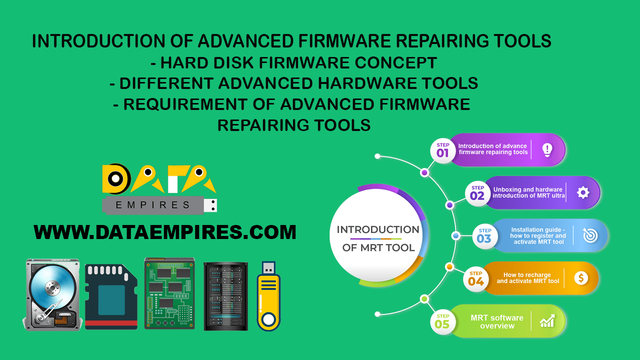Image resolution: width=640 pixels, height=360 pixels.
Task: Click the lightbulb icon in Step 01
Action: point(547,149)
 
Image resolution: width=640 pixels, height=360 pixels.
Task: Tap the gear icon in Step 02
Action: point(582,192)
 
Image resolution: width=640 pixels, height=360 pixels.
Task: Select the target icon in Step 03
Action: point(590,235)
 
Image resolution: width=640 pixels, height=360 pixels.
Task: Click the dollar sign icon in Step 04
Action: point(581,278)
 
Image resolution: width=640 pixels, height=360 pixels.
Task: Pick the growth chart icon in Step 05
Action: point(547,321)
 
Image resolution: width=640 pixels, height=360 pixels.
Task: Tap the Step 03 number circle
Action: point(484,236)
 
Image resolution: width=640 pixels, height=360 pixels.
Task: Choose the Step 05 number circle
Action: point(442,322)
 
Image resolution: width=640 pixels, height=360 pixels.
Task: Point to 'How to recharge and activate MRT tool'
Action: point(527,278)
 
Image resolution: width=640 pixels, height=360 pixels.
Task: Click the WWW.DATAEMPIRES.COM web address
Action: point(165,232)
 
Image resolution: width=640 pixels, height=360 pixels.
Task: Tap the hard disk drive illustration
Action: point(51,294)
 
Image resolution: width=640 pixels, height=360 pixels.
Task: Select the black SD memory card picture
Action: point(111,297)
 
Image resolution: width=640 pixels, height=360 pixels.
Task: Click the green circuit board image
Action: point(169,293)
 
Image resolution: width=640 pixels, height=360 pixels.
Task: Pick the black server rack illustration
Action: point(225,296)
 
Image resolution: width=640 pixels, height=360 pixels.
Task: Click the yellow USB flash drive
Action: point(269,296)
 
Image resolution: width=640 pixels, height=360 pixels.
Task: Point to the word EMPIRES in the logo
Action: point(153,205)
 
